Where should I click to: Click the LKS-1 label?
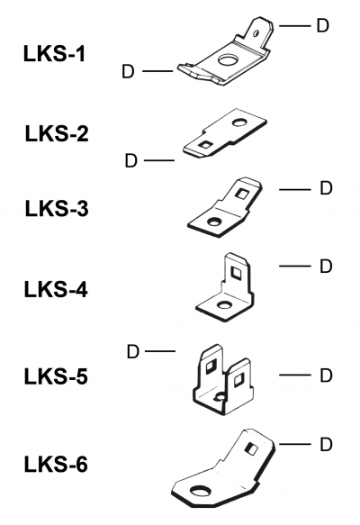click(55, 54)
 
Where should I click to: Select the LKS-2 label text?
click(57, 133)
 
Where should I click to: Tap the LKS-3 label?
click(57, 208)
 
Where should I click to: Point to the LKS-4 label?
click(56, 290)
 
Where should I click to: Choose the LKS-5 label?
click(56, 376)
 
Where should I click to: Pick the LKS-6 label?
click(56, 465)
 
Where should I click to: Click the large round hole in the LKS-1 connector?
click(228, 60)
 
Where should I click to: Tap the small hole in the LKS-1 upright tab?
click(256, 33)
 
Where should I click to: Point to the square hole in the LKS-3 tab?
click(240, 194)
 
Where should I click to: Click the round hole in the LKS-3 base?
click(213, 221)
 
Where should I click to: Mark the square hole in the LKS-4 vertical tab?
click(237, 273)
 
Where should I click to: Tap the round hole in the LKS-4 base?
click(223, 304)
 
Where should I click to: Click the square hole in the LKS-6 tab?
click(251, 448)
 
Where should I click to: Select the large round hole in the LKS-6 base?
click(201, 491)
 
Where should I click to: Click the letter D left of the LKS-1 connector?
click(128, 71)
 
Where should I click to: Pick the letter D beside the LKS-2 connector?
click(131, 160)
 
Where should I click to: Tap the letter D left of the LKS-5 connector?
click(133, 352)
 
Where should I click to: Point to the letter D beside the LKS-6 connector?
click(326, 444)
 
